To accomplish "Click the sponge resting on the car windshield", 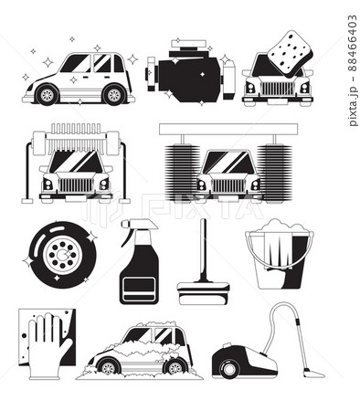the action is point(290,53).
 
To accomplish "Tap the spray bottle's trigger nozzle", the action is point(139,227).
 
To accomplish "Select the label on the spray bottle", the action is point(139,290).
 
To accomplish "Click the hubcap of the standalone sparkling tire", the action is point(62,255).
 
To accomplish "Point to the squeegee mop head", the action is point(204,293).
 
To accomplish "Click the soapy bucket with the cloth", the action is point(280,254).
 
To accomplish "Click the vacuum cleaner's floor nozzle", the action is point(313,374).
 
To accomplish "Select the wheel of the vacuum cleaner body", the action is point(228,369).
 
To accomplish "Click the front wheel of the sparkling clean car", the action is point(47,95).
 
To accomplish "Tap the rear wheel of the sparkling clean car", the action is point(114,95).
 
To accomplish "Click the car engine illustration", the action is point(191,72).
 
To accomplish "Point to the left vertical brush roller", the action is point(182,173).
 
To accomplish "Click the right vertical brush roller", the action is point(274,174).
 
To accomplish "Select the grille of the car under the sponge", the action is point(277,89).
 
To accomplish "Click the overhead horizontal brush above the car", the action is point(76,138).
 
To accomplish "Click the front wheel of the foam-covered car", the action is point(109,367).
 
